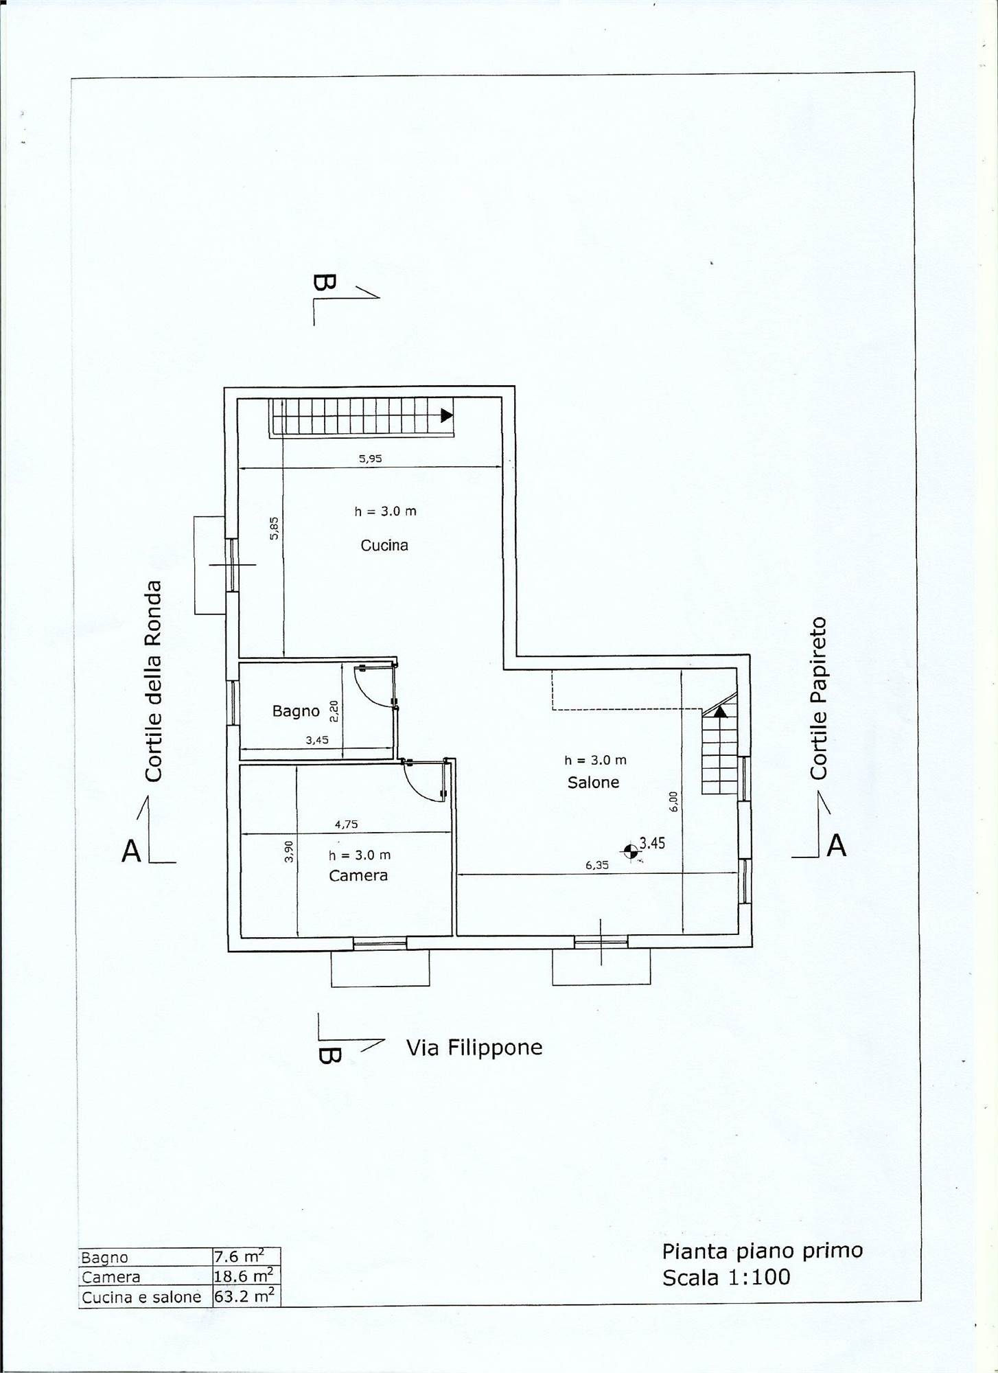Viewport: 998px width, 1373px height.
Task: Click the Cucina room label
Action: coord(384,545)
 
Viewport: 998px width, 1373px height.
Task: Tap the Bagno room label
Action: coord(296,711)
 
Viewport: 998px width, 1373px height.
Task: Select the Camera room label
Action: coord(358,875)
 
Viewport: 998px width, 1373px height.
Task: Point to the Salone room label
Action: coord(593,782)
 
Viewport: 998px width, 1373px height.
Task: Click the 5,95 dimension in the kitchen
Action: coord(370,459)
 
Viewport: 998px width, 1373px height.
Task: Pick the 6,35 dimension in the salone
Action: coord(597,866)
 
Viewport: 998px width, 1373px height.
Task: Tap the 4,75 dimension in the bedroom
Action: coord(347,824)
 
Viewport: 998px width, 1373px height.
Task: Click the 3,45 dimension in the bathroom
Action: coord(317,740)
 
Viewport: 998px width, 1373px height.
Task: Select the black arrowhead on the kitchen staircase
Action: coord(447,415)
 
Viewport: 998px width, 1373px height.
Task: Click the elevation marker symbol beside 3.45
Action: coord(629,852)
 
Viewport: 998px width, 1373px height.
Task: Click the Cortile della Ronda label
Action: coord(153,681)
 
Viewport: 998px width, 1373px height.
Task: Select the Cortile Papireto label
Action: coord(818,698)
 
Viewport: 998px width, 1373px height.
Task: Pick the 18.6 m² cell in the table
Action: coord(243,1276)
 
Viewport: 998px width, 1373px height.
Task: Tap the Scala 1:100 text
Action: coord(726,1278)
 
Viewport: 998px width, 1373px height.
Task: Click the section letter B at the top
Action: coord(324,286)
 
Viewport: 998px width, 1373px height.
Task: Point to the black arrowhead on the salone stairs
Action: coord(719,712)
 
